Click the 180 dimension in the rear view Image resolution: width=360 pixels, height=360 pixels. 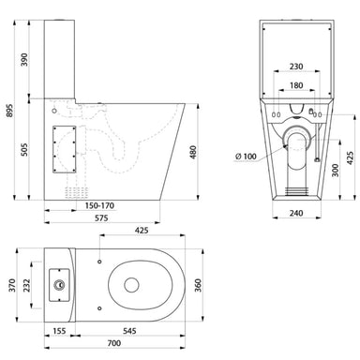[297, 86]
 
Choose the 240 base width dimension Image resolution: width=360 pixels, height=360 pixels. [296, 213]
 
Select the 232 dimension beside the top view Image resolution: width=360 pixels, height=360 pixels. [31, 283]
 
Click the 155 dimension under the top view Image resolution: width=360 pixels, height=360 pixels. [59, 332]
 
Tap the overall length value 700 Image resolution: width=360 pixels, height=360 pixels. [112, 348]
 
